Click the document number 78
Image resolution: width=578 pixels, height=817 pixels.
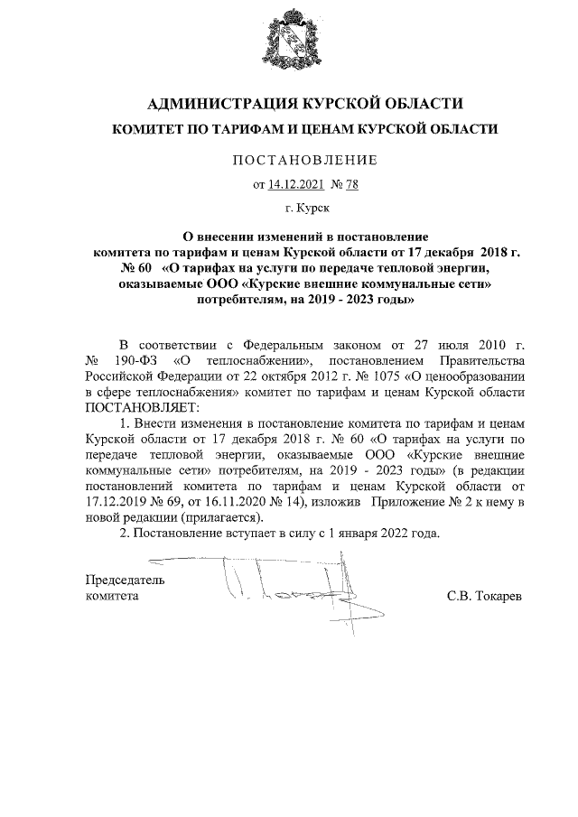tap(351, 186)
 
